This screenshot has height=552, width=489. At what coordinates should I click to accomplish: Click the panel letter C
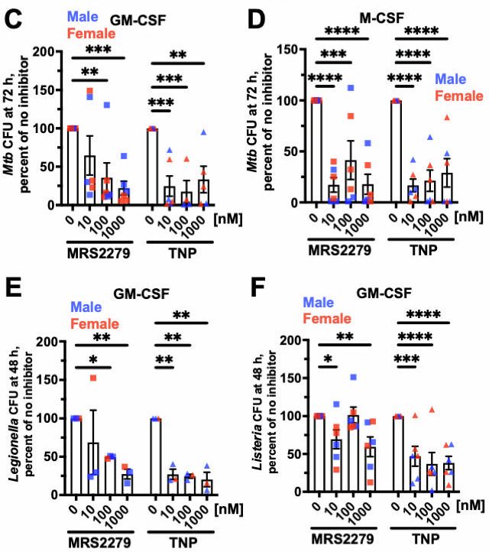point(13,19)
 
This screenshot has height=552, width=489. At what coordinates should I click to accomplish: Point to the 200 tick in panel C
point(52,51)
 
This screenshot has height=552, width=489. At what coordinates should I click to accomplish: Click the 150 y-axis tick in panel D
point(290,49)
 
